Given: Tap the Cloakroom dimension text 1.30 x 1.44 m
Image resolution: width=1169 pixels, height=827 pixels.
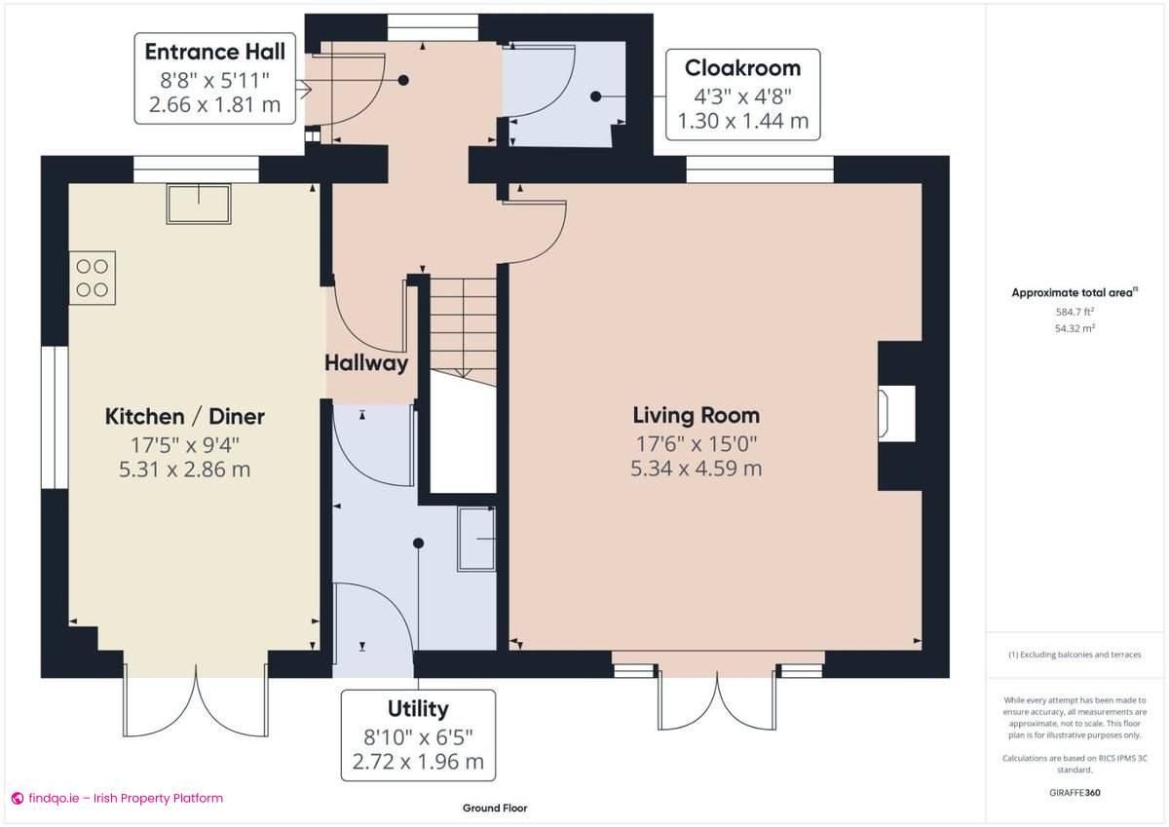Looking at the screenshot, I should coord(743,121).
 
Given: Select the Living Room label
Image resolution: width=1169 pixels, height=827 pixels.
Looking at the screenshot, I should coord(696,416).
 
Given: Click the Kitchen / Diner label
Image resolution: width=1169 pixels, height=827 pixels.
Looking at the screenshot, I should coord(185,417).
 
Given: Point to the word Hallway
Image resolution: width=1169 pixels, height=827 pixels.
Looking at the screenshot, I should coord(366,363).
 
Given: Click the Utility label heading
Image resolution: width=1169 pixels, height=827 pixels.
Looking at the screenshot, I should coord(418,708).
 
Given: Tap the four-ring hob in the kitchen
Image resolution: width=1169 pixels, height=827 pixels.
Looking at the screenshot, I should coord(93,277).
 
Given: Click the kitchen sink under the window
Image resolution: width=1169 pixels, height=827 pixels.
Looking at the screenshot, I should coord(200,204).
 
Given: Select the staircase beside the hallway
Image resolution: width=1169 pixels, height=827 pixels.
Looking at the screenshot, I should coord(464,325).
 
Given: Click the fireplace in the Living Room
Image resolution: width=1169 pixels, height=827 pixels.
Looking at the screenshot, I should coord(896,410).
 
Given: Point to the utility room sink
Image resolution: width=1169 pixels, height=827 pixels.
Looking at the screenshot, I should coord(476,538).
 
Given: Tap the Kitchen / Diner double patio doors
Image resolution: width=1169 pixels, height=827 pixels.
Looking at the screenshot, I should coord(196,700).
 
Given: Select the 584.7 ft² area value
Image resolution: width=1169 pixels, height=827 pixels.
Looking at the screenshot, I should coord(1075,312).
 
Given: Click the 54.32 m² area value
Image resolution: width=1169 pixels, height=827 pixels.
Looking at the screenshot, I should coord(1075,328).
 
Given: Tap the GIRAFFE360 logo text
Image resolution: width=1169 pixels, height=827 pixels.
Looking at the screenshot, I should coord(1075,792).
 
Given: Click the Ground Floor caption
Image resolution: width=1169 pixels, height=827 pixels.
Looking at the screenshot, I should coord(495,808).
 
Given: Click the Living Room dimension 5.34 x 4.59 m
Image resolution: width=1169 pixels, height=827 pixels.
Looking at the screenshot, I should coord(696,468).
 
